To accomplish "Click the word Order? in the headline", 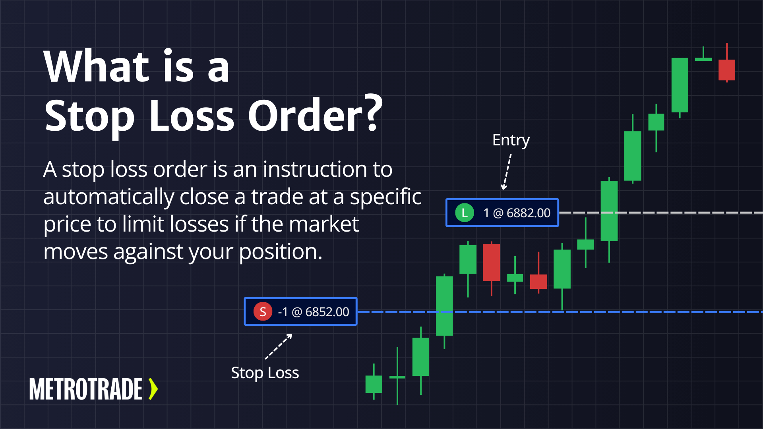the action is tap(315, 115).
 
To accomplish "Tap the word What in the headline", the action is tap(97, 66).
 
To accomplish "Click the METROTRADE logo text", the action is tap(86, 389).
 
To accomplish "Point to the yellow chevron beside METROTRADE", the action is tap(153, 389).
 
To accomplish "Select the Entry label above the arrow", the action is tap(511, 140).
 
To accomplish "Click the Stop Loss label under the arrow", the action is tap(265, 373).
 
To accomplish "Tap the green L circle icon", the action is tap(465, 213).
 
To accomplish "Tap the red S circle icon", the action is tap(263, 312).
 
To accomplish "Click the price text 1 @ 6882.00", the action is tap(517, 213).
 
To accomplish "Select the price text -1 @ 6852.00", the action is tap(314, 312).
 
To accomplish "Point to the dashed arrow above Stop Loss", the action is tap(279, 346).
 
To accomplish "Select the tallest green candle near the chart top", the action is tap(680, 85).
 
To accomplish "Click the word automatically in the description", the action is tap(108, 197).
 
